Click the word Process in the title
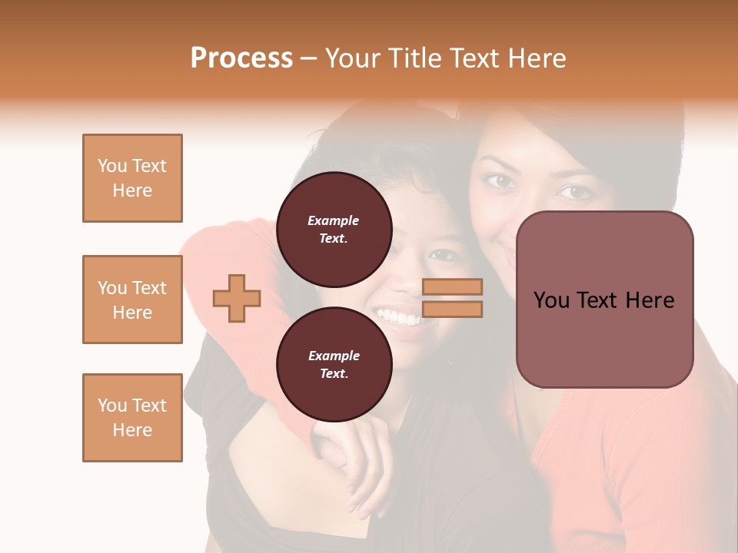click(x=241, y=58)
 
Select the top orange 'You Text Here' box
click(x=132, y=178)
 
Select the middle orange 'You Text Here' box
click(x=132, y=300)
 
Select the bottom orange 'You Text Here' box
click(x=132, y=418)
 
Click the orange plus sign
click(x=237, y=298)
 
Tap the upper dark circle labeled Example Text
click(x=334, y=229)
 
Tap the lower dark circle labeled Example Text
click(x=334, y=364)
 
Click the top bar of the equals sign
click(x=452, y=286)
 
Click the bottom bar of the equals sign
click(x=452, y=310)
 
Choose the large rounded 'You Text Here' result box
click(x=604, y=300)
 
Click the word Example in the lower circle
click(x=334, y=356)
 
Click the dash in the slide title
click(x=309, y=58)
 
